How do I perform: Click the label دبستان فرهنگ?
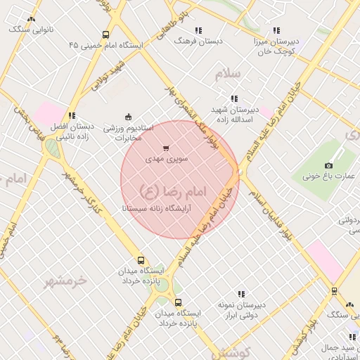coord(198,41)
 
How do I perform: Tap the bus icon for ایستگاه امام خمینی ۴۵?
coord(105,34)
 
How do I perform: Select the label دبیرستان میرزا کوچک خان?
coord(276,46)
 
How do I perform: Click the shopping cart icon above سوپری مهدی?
coord(165,148)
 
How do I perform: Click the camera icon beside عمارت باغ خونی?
coord(328,165)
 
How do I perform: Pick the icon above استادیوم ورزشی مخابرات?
coord(127,117)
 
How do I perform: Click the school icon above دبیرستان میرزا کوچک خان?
coord(276,30)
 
